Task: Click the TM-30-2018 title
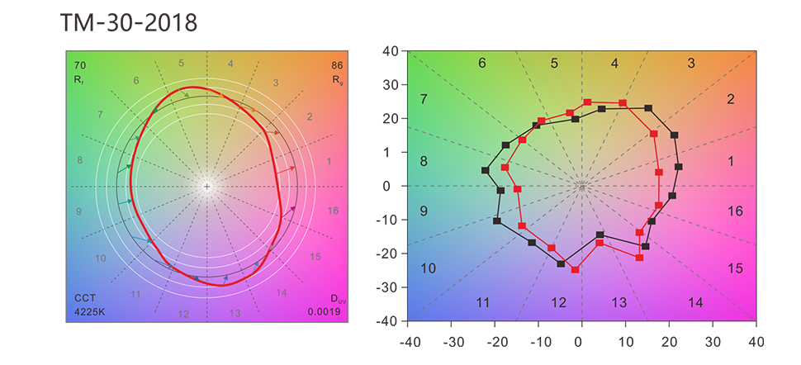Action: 129,22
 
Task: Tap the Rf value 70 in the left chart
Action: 80,65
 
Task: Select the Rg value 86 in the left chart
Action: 338,65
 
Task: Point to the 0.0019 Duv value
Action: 324,312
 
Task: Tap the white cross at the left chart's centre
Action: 206,187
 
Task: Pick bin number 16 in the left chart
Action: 333,211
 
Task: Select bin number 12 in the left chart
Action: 183,314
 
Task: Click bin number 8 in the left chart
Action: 80,160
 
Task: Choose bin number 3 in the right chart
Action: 691,64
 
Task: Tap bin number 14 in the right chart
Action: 695,303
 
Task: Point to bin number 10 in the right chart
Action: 428,268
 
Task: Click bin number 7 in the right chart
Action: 423,100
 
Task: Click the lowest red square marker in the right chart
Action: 576,269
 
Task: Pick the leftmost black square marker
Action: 486,171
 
